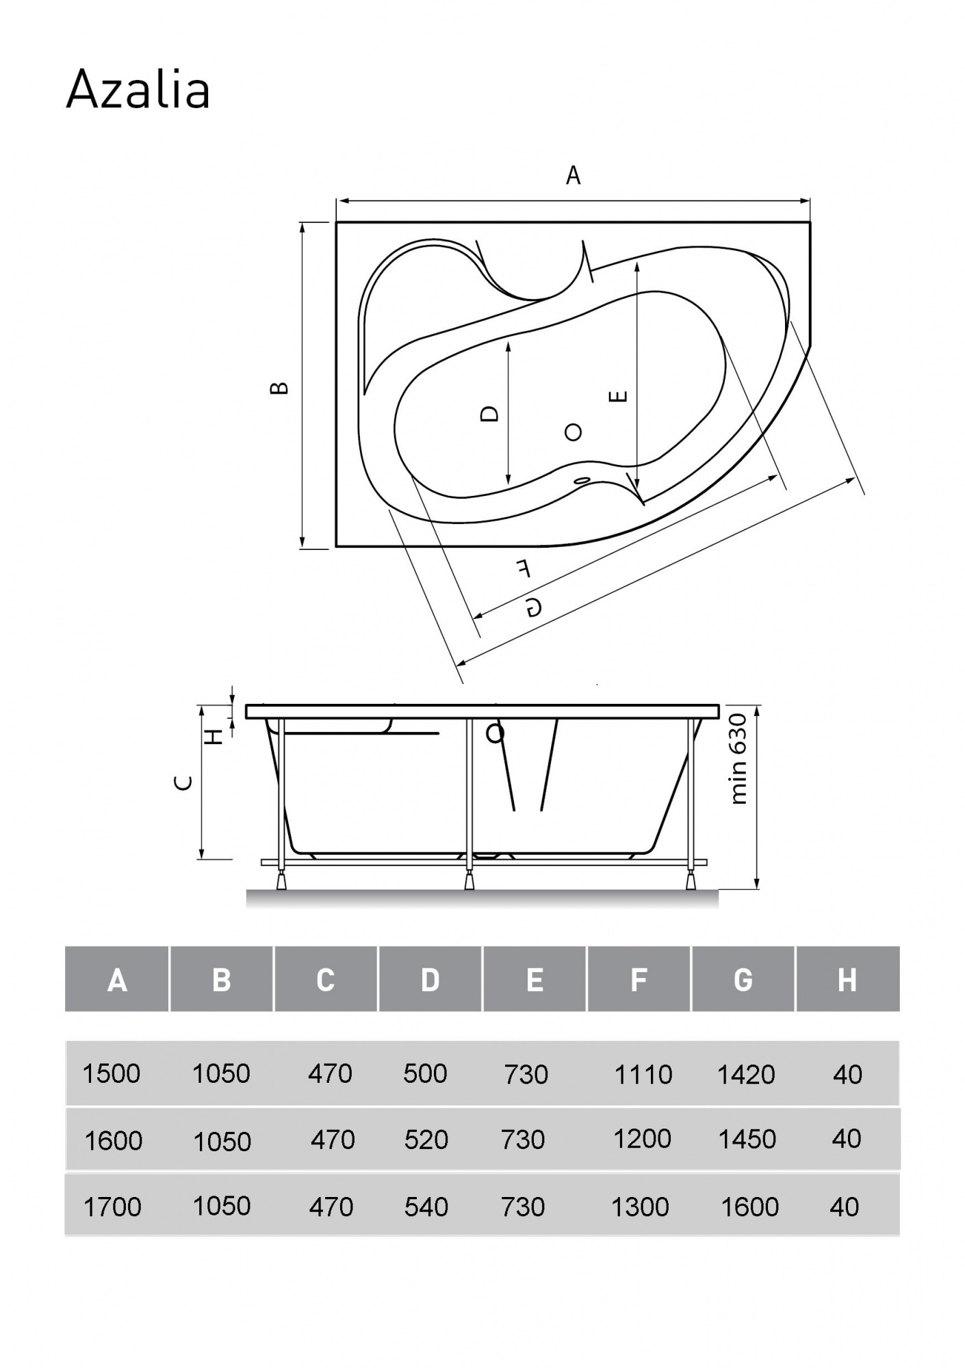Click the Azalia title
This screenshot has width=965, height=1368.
(138, 90)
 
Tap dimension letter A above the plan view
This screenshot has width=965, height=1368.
(573, 176)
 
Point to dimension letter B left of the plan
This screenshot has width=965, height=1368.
(279, 388)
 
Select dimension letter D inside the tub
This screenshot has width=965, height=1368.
(489, 413)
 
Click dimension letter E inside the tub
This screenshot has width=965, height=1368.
(618, 396)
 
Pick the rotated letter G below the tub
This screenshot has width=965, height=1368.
(535, 606)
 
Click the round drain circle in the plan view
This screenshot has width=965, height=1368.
(573, 432)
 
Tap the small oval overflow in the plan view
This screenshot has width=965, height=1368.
(582, 482)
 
